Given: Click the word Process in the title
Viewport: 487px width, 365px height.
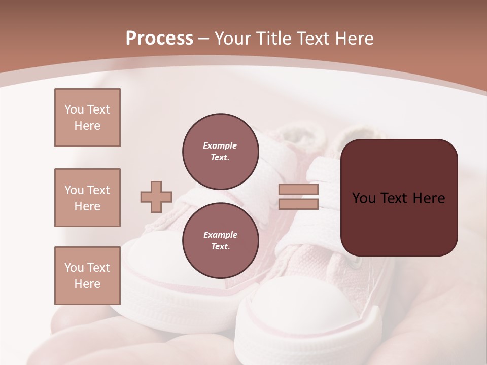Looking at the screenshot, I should tap(159, 39).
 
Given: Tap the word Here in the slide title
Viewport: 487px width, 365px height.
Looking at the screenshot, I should tap(353, 39).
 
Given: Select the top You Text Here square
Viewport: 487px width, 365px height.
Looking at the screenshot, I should tap(87, 118).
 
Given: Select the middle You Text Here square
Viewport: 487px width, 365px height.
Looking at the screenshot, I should tap(87, 198).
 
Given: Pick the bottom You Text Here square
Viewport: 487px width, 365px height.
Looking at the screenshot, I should tap(87, 275).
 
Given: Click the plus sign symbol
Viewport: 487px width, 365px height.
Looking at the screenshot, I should tap(156, 197).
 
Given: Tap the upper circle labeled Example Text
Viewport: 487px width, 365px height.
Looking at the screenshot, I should tap(220, 152).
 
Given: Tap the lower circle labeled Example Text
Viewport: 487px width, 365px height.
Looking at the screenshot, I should tap(220, 241).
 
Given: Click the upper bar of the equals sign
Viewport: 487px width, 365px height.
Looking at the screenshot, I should tap(298, 189).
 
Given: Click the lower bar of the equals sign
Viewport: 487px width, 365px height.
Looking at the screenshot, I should tap(298, 204).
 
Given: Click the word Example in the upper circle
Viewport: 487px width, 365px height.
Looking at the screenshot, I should tap(220, 145).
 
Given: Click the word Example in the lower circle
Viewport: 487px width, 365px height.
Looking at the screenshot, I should tap(220, 235).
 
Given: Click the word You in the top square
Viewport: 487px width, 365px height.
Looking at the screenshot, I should tap(74, 109).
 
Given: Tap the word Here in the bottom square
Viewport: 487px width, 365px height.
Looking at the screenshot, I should tap(87, 284).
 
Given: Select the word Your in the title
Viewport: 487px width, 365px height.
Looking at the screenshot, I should tap(232, 39).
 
